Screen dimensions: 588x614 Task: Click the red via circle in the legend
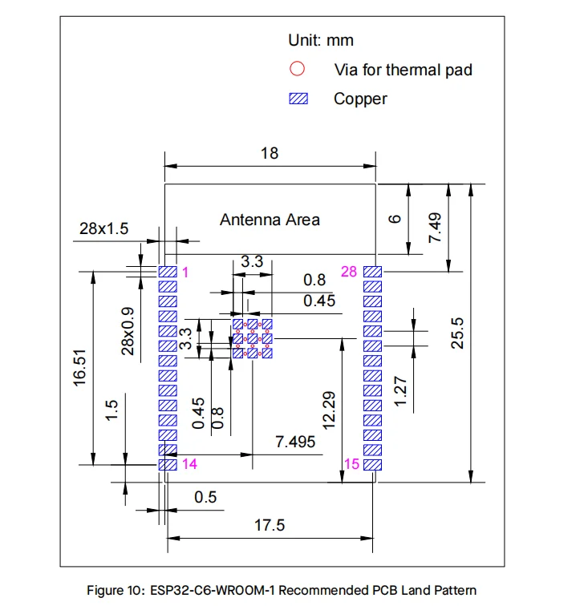298,69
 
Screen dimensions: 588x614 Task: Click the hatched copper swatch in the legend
298,99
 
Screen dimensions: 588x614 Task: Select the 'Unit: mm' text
321,40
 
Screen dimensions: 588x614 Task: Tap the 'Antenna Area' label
270,219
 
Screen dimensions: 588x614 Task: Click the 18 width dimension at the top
270,153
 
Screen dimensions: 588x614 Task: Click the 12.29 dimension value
330,410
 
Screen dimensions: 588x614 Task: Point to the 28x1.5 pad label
103,228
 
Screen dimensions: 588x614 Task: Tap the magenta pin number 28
348,272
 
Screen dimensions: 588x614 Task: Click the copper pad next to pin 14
167,464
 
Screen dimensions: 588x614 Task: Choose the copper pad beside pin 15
373,464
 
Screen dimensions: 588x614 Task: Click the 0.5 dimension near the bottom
205,497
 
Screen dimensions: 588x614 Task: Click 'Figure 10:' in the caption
115,591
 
